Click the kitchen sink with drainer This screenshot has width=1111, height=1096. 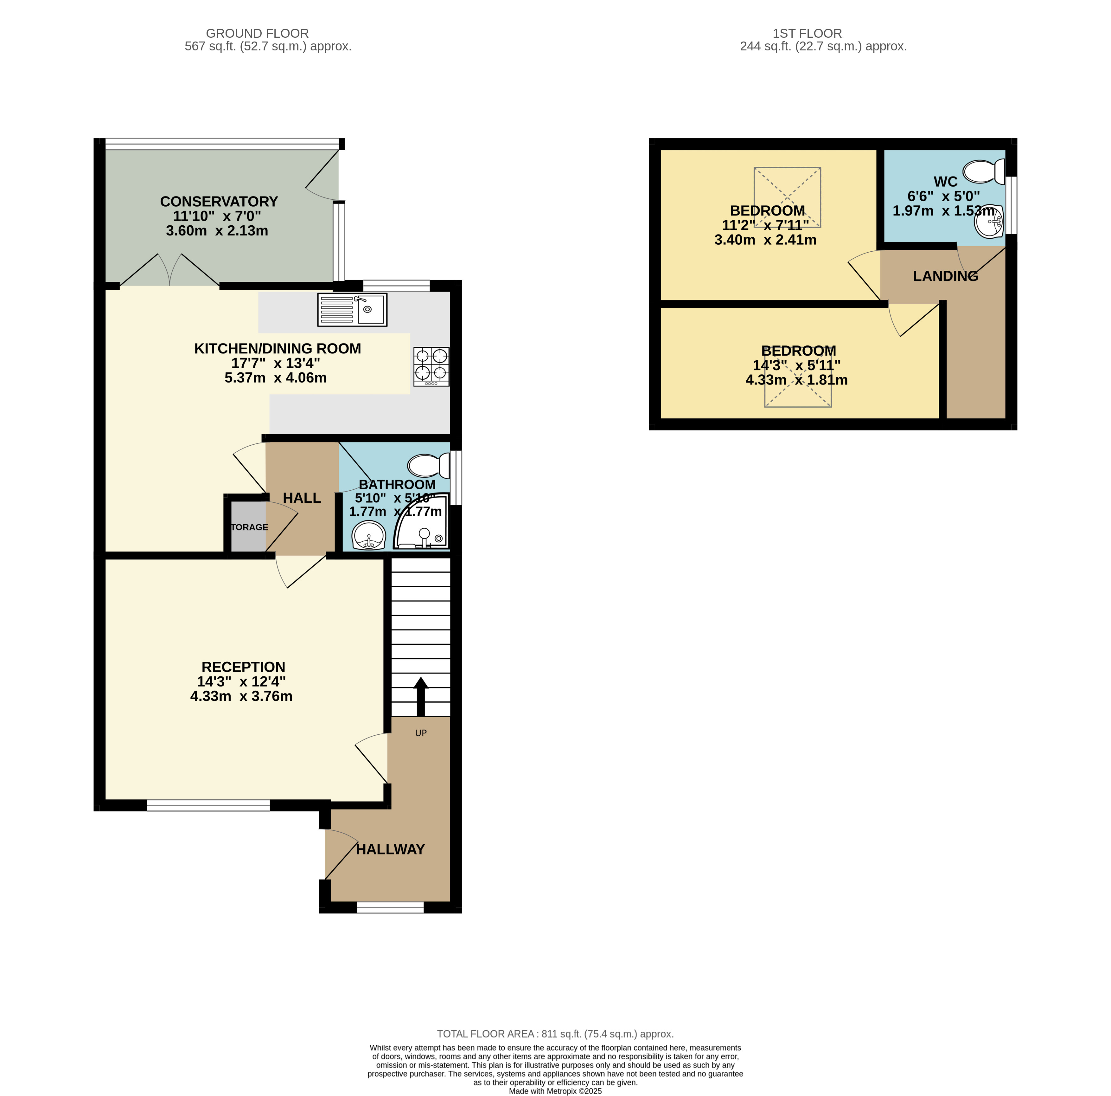[352, 310]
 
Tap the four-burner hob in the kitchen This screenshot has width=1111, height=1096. [431, 366]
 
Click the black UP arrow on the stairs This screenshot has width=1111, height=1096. [421, 696]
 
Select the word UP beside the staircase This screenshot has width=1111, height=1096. [421, 733]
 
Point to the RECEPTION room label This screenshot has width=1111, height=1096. [243, 667]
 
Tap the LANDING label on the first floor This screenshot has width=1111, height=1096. [945, 276]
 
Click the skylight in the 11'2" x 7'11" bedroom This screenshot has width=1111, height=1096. [787, 197]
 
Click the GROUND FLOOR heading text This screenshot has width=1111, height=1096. [257, 33]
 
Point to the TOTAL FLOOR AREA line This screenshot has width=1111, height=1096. [555, 1034]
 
